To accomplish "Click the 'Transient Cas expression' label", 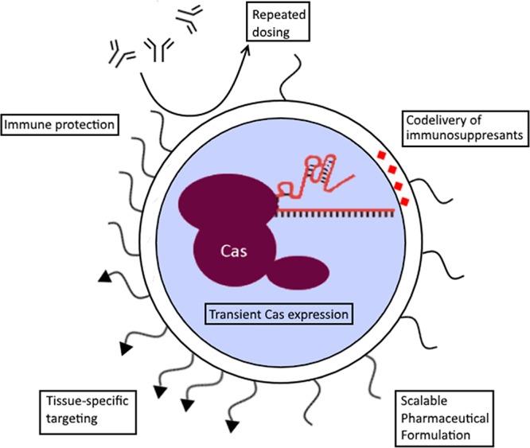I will pos(278,314).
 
